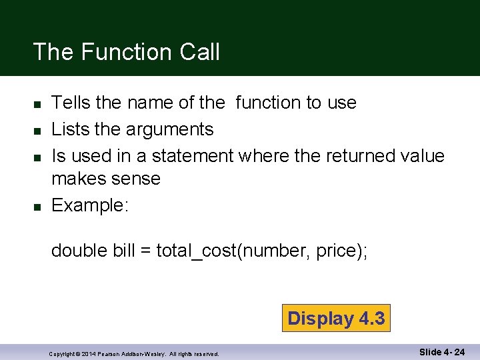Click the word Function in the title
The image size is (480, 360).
click(x=124, y=51)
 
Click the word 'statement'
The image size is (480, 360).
click(x=193, y=155)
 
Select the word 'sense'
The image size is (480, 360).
click(x=138, y=179)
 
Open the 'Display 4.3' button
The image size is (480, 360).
click(x=336, y=319)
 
